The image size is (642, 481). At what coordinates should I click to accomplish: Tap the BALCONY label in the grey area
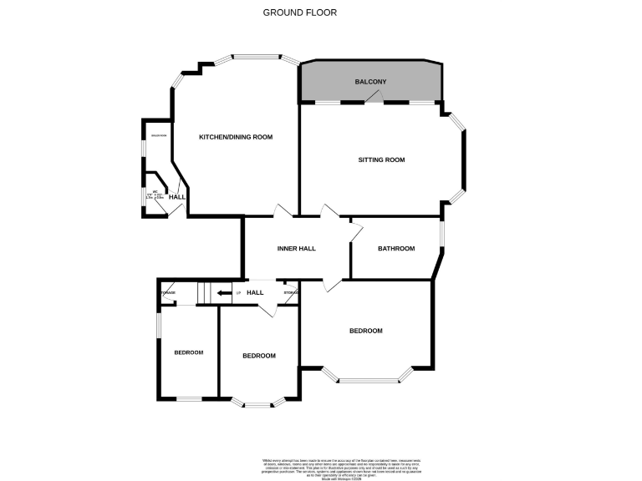(x=369, y=82)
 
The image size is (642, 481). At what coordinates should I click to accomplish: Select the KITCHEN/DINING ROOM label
(x=235, y=137)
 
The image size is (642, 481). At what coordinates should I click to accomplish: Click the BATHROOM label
(x=396, y=248)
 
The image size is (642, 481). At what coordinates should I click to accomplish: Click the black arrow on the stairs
(x=224, y=293)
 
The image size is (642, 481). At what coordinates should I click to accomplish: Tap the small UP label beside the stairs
(x=238, y=293)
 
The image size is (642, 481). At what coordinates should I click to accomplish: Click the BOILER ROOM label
(x=158, y=136)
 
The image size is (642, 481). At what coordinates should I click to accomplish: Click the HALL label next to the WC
(x=177, y=197)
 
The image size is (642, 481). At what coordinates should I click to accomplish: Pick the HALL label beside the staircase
(x=255, y=292)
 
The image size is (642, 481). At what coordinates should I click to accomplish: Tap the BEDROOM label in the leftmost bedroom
(x=189, y=352)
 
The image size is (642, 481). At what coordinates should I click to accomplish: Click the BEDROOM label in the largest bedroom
(x=365, y=331)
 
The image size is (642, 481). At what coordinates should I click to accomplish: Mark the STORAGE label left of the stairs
(x=167, y=292)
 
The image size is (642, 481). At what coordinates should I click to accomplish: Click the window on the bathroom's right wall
(x=442, y=235)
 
